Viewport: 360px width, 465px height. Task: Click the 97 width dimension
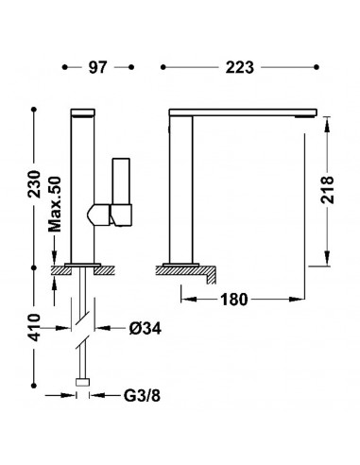[x=97, y=67]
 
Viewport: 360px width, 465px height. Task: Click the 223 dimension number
[x=239, y=67]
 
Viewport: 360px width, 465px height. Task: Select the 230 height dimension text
[x=34, y=184]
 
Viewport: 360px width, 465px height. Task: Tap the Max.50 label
[x=54, y=204]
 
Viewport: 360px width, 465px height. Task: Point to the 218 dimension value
[x=327, y=190]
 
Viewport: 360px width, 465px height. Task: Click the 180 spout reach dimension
[x=234, y=300]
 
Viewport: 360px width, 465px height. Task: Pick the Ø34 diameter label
[x=146, y=329]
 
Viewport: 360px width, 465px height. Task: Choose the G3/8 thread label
[x=142, y=395]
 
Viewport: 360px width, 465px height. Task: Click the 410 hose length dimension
[x=34, y=328]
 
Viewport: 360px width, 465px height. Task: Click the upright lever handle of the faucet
[x=121, y=181]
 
